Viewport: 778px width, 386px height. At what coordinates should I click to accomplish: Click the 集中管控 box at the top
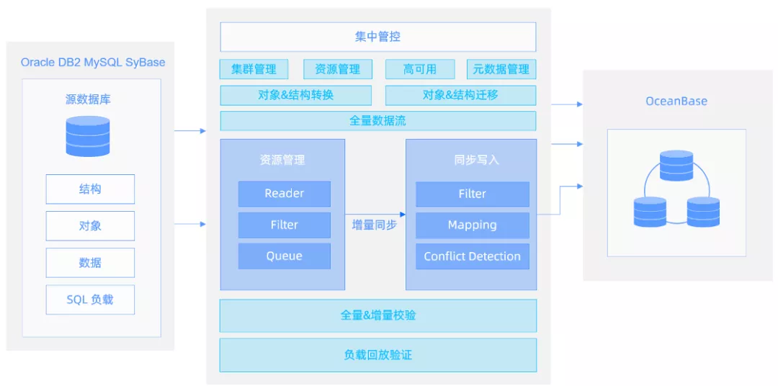[378, 37]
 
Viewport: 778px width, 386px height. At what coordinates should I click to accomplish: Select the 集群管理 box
[254, 69]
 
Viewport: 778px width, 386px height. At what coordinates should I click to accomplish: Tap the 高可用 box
[420, 69]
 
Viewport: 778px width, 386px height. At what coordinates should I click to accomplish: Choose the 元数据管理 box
[501, 69]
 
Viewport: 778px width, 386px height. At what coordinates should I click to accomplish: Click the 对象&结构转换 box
[296, 95]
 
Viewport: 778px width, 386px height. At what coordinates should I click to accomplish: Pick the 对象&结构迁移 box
[460, 95]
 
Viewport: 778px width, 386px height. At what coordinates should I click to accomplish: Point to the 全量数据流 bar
[378, 120]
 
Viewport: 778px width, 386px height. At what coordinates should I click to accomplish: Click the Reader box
[285, 194]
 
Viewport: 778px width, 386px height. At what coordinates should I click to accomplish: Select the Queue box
[285, 256]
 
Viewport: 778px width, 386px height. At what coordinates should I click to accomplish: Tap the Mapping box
[473, 225]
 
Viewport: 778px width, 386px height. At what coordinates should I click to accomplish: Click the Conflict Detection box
[473, 256]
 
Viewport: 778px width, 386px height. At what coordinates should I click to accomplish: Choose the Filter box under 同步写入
[473, 194]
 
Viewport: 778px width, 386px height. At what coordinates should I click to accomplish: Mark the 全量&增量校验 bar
[378, 315]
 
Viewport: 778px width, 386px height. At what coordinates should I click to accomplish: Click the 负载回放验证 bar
[378, 355]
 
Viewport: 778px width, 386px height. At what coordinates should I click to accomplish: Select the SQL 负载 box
[90, 300]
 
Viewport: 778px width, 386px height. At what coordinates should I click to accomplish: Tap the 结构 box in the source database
[90, 189]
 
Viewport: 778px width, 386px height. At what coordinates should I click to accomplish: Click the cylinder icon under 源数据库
[88, 136]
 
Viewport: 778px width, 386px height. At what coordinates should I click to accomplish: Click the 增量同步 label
[374, 225]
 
